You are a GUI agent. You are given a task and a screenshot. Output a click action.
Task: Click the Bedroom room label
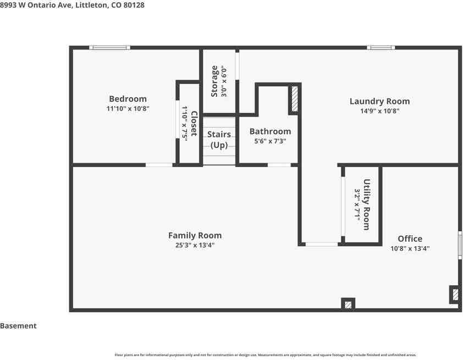pyautogui.click(x=128, y=99)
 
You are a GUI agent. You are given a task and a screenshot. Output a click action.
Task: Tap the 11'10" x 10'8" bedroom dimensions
pyautogui.click(x=128, y=109)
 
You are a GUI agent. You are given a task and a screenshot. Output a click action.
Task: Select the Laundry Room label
pyautogui.click(x=380, y=102)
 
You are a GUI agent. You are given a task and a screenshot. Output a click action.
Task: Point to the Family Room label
pyautogui.click(x=195, y=235)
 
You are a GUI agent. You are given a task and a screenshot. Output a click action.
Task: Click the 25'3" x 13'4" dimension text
pyautogui.click(x=195, y=245)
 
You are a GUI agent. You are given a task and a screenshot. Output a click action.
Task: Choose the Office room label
pyautogui.click(x=410, y=239)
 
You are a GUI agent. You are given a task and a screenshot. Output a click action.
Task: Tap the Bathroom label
pyautogui.click(x=270, y=131)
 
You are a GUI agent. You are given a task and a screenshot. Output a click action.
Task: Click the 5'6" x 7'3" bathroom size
pyautogui.click(x=270, y=141)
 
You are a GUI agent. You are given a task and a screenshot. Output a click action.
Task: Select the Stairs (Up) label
pyautogui.click(x=219, y=140)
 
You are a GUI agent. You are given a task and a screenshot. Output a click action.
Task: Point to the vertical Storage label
pyautogui.click(x=214, y=81)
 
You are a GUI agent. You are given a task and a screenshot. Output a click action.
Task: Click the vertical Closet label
pyautogui.click(x=194, y=123)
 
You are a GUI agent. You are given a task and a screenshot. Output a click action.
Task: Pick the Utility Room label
pyautogui.click(x=366, y=204)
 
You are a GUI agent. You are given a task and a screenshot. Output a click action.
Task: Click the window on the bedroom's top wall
pyautogui.click(x=109, y=47)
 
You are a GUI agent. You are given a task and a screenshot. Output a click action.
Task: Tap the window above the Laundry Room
pyautogui.click(x=381, y=47)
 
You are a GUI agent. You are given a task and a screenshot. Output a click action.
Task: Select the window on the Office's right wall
pyautogui.click(x=460, y=245)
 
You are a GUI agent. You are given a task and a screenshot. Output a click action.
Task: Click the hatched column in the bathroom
pyautogui.click(x=295, y=98)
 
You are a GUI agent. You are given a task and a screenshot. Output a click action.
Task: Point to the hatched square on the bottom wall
pyautogui.click(x=348, y=304)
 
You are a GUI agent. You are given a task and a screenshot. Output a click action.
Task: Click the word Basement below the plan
pyautogui.click(x=18, y=326)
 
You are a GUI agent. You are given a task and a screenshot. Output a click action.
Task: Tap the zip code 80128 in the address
pyautogui.click(x=134, y=5)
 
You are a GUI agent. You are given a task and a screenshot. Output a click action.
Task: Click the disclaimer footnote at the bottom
pyautogui.click(x=266, y=355)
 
